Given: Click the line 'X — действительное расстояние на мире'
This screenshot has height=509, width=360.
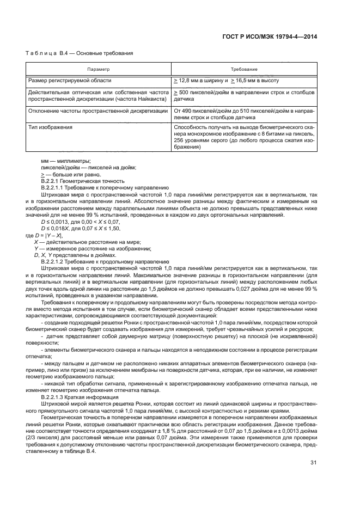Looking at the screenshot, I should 80,241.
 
